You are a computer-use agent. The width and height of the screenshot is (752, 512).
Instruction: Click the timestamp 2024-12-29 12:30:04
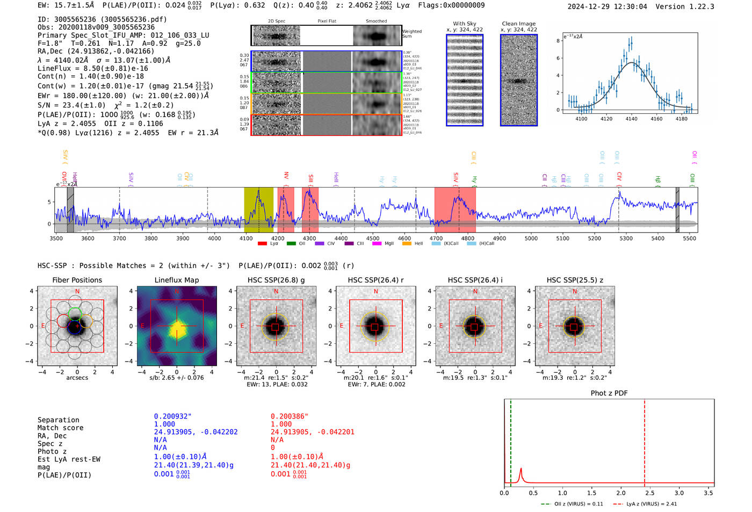[607, 6]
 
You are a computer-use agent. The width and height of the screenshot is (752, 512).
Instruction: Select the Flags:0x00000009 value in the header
[451, 5]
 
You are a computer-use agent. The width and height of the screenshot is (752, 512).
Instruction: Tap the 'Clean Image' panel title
[518, 24]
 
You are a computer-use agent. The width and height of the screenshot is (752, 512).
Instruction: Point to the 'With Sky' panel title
[464, 24]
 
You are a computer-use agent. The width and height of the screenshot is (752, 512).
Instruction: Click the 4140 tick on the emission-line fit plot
[631, 119]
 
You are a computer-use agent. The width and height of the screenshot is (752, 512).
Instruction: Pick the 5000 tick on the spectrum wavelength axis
[531, 238]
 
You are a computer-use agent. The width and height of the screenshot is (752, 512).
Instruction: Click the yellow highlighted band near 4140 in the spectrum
[258, 210]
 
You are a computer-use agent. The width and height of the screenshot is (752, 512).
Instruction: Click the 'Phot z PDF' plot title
[609, 393]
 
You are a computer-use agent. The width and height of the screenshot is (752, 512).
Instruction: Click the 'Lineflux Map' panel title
[177, 280]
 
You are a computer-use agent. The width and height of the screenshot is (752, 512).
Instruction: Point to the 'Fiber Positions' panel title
[77, 280]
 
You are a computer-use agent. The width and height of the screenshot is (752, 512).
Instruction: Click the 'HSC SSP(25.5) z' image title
[575, 280]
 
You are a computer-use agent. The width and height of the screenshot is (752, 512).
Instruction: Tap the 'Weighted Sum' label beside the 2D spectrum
[412, 34]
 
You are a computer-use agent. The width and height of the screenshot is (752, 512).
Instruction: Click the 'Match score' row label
[60, 428]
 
